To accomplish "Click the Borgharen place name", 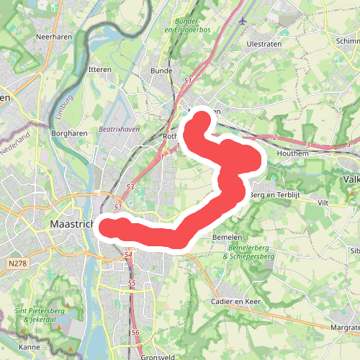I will [x=70, y=133].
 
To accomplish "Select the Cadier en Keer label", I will [x=235, y=301].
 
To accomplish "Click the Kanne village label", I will [x=30, y=347].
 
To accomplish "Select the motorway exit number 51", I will [x=188, y=81].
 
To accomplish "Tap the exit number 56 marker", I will [x=135, y=332].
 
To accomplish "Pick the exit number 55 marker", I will [x=132, y=284].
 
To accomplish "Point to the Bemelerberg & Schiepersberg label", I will [x=251, y=252].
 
